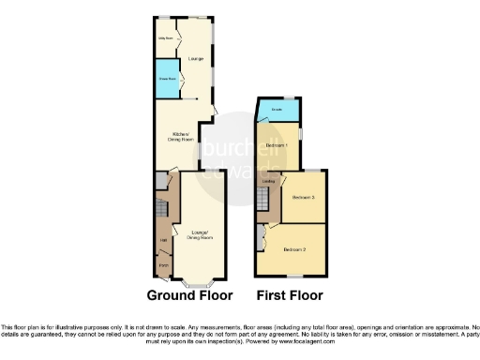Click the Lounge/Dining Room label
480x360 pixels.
click(x=200, y=233)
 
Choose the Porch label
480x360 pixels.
click(x=163, y=267)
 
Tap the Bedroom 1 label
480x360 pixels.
click(x=275, y=146)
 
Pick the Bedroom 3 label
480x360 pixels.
click(x=302, y=198)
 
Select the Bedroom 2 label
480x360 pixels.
click(x=295, y=249)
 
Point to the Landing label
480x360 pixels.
click(x=268, y=181)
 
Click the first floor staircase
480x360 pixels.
click(x=263, y=200)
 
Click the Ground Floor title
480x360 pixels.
click(x=190, y=295)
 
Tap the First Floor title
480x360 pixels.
click(x=291, y=295)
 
